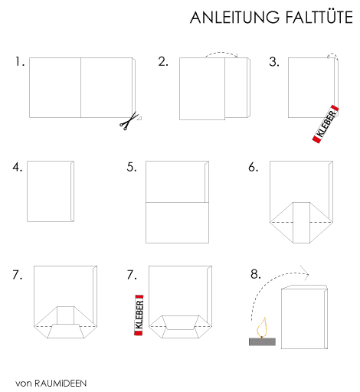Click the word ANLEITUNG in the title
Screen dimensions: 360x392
pyautogui.click(x=234, y=18)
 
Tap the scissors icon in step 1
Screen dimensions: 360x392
pyautogui.click(x=129, y=121)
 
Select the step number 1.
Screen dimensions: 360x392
pyautogui.click(x=20, y=61)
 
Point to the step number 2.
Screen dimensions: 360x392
pyautogui.click(x=163, y=61)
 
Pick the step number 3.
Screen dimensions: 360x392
pyautogui.click(x=274, y=62)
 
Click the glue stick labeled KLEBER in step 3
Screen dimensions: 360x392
pyautogui.click(x=326, y=124)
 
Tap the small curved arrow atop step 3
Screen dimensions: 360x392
pyautogui.click(x=332, y=56)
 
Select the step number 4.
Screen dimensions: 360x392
pyautogui.click(x=17, y=167)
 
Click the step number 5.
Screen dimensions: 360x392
pyautogui.click(x=132, y=167)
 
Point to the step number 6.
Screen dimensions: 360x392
pyautogui.click(x=253, y=167)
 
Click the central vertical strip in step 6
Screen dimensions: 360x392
pyautogui.click(x=301, y=223)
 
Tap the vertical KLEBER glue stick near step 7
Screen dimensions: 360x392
pyautogui.click(x=139, y=315)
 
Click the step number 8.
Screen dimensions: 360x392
pyautogui.click(x=256, y=274)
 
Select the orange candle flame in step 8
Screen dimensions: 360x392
pyautogui.click(x=262, y=327)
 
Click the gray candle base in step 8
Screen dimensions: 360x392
pyautogui.click(x=262, y=341)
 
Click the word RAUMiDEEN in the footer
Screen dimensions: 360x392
pyautogui.click(x=61, y=383)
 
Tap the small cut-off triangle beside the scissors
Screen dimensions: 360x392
pyautogui.click(x=139, y=118)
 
